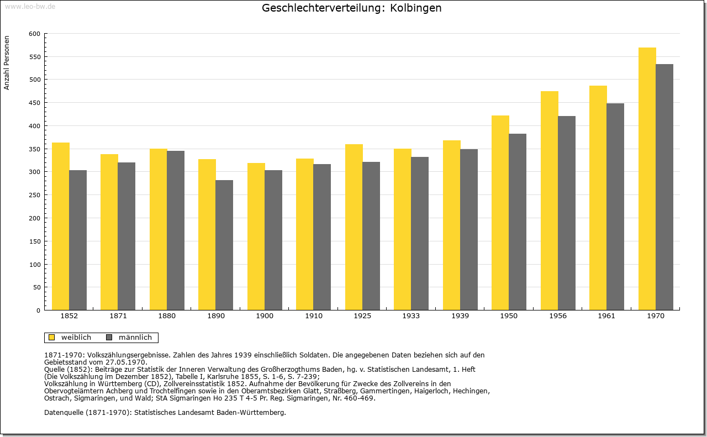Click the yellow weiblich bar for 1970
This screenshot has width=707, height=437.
point(647,178)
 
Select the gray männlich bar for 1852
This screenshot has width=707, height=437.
point(78,240)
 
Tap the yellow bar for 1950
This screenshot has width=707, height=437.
point(500,213)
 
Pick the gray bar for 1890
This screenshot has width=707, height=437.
point(224,245)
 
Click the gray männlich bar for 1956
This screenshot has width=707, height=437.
point(567,213)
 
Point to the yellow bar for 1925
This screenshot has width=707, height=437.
point(354,227)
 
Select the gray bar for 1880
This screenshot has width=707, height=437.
point(176,230)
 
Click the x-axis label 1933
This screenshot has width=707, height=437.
point(411,316)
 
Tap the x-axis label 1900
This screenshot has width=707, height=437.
point(265,316)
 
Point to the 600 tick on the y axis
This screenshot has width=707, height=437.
point(35,34)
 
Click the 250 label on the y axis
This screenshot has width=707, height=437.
point(35,195)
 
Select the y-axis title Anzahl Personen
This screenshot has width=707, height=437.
point(7,62)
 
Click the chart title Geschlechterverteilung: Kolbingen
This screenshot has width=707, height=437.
point(352,8)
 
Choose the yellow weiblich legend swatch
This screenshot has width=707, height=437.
point(52,337)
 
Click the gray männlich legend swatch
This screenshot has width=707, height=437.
point(109,337)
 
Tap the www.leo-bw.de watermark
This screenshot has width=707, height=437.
point(30,6)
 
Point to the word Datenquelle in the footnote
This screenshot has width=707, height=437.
point(64,412)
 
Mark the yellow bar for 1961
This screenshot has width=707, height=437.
point(598,198)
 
